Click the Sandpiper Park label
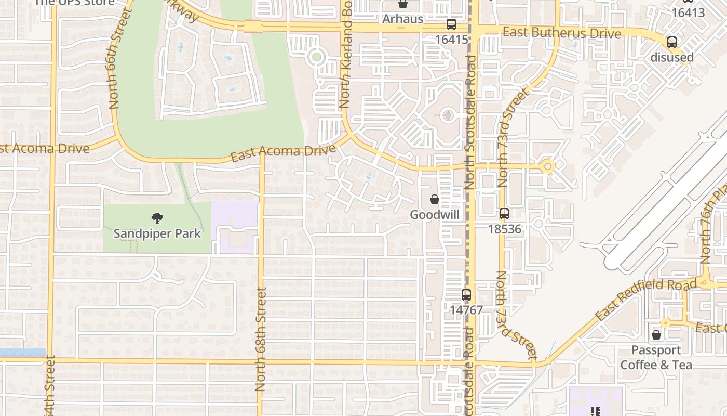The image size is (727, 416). click(157, 233)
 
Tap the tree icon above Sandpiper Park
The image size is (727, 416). click(157, 218)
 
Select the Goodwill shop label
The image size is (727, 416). click(435, 215)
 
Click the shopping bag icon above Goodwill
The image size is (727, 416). click(435, 199)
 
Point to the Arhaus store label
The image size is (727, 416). click(402, 19)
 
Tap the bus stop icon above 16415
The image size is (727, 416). click(451, 24)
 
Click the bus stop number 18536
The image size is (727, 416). click(504, 229)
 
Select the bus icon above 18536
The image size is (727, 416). click(504, 214)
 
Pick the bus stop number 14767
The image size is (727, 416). click(466, 310)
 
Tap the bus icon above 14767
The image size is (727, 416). click(466, 295)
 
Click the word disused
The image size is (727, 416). click(672, 57)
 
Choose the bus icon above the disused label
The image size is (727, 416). click(672, 42)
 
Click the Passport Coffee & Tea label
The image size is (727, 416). click(656, 357)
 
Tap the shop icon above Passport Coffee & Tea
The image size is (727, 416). click(656, 335)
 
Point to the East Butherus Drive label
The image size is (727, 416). click(562, 33)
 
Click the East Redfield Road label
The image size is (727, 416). click(645, 300)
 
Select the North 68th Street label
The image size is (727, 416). click(261, 339)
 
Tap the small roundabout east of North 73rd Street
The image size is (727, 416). click(547, 167)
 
